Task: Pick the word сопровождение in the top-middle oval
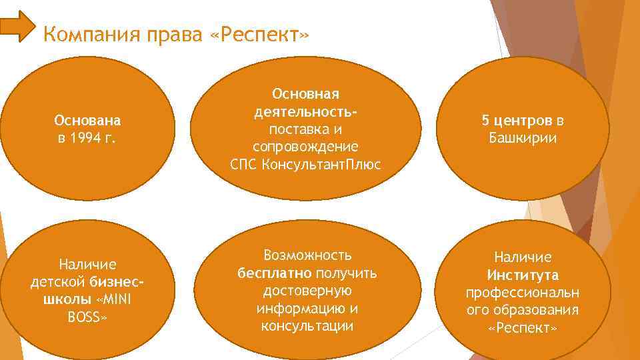tap(306, 146)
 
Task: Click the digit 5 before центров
tap(485, 121)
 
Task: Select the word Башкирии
tap(523, 139)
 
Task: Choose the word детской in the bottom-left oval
tap(57, 282)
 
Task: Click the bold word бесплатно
tap(275, 273)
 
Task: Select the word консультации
tap(307, 325)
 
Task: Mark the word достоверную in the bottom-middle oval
tap(307, 291)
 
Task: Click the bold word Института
tap(523, 275)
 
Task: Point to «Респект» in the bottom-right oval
tap(523, 327)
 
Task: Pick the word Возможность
tap(307, 256)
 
